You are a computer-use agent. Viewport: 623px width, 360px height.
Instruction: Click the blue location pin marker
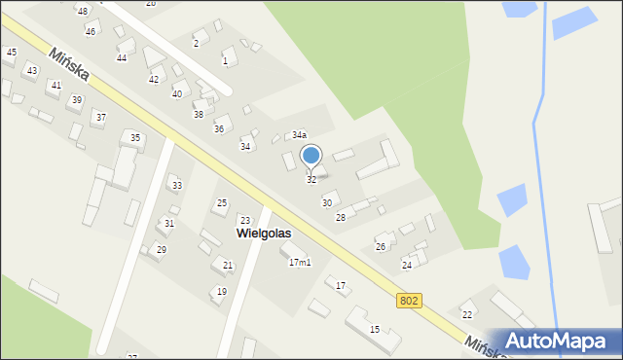pyautogui.click(x=311, y=156)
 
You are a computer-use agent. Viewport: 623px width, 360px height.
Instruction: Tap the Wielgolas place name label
pyautogui.click(x=264, y=234)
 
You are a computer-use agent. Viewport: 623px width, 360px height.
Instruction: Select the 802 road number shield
pyautogui.click(x=409, y=302)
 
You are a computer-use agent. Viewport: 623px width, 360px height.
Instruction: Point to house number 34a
pyautogui.click(x=300, y=135)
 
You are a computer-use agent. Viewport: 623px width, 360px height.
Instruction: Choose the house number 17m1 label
pyautogui.click(x=300, y=263)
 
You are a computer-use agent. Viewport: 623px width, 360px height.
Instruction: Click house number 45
pyautogui.click(x=11, y=52)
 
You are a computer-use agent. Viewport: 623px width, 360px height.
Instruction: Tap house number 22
pyautogui.click(x=467, y=314)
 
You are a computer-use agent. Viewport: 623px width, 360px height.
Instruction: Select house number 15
pyautogui.click(x=375, y=330)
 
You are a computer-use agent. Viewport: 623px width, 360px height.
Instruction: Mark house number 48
pyautogui.click(x=83, y=11)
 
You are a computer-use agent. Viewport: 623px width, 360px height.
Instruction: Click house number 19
pyautogui.click(x=222, y=292)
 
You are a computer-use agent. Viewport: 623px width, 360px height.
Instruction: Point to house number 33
pyautogui.click(x=176, y=186)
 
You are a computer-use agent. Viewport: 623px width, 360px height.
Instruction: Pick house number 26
pyautogui.click(x=381, y=247)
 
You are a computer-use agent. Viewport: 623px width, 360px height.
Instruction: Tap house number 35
pyautogui.click(x=135, y=138)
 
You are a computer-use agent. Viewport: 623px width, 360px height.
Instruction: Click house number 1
pyautogui.click(x=225, y=61)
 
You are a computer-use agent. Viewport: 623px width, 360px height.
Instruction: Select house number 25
pyautogui.click(x=222, y=203)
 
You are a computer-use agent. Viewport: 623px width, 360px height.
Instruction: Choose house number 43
pyautogui.click(x=32, y=71)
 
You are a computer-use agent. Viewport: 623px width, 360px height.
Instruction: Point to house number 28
pyautogui.click(x=341, y=217)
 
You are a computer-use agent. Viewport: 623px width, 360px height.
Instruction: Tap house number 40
pyautogui.click(x=177, y=94)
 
